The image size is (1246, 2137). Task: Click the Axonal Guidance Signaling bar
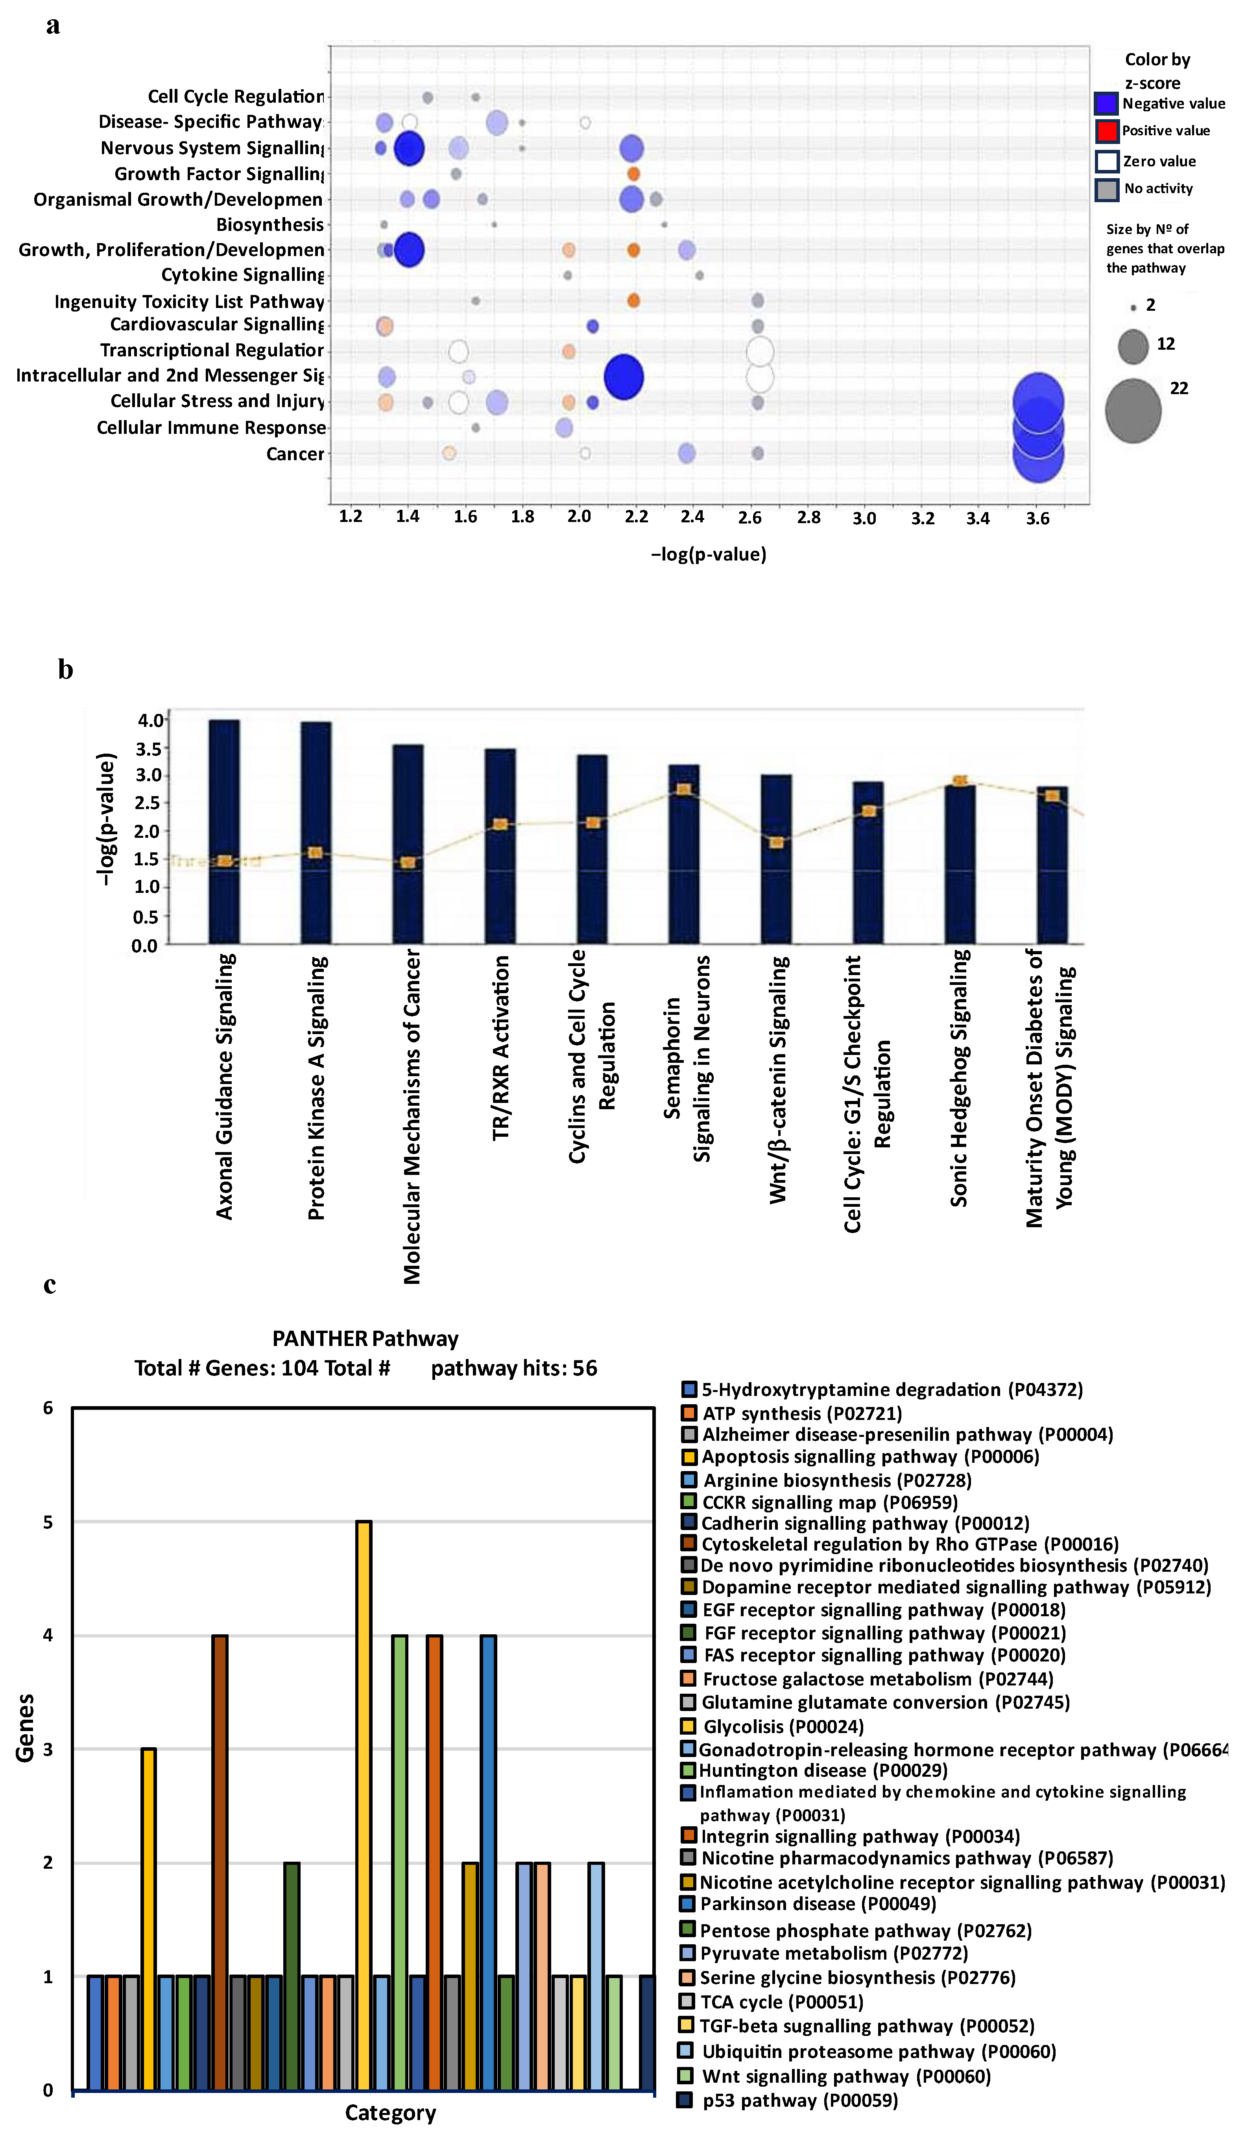(224, 831)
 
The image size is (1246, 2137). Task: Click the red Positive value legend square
(1106, 131)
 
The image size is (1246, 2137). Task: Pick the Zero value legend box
(1106, 161)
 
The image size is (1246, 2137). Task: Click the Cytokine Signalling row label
(243, 275)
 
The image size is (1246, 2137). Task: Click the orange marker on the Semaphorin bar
(684, 789)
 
